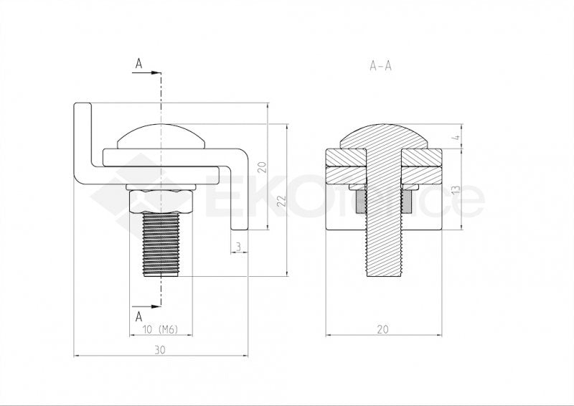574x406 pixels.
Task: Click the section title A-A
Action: click(x=380, y=65)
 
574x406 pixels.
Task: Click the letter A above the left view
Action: click(x=138, y=64)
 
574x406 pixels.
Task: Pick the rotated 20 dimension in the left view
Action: click(x=263, y=168)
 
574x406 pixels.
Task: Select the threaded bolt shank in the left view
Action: click(x=161, y=244)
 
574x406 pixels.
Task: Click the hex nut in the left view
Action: click(x=161, y=202)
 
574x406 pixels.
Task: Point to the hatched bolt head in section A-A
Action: click(x=381, y=136)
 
